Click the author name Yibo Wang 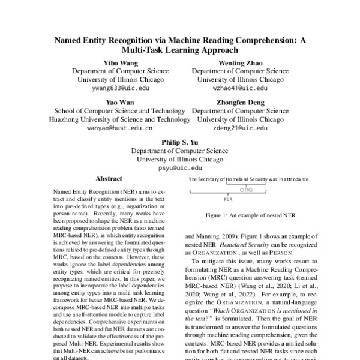[x=120, y=62]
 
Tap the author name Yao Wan [x=120, y=103]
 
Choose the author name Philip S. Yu [x=180, y=143]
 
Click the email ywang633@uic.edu [x=120, y=88]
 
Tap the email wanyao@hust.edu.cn [x=120, y=128]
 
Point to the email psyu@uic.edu [x=180, y=169]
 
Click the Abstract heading [x=109, y=179]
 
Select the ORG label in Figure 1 [x=247, y=190]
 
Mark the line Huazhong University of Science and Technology [x=119, y=119]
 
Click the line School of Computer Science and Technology [x=119, y=111]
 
